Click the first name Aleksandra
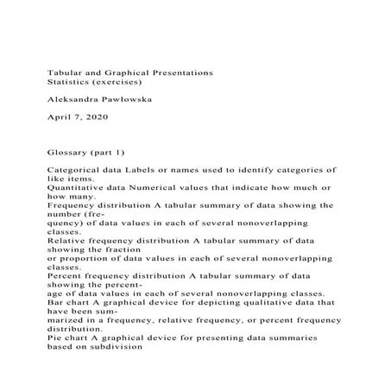pyautogui.click(x=73, y=100)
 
